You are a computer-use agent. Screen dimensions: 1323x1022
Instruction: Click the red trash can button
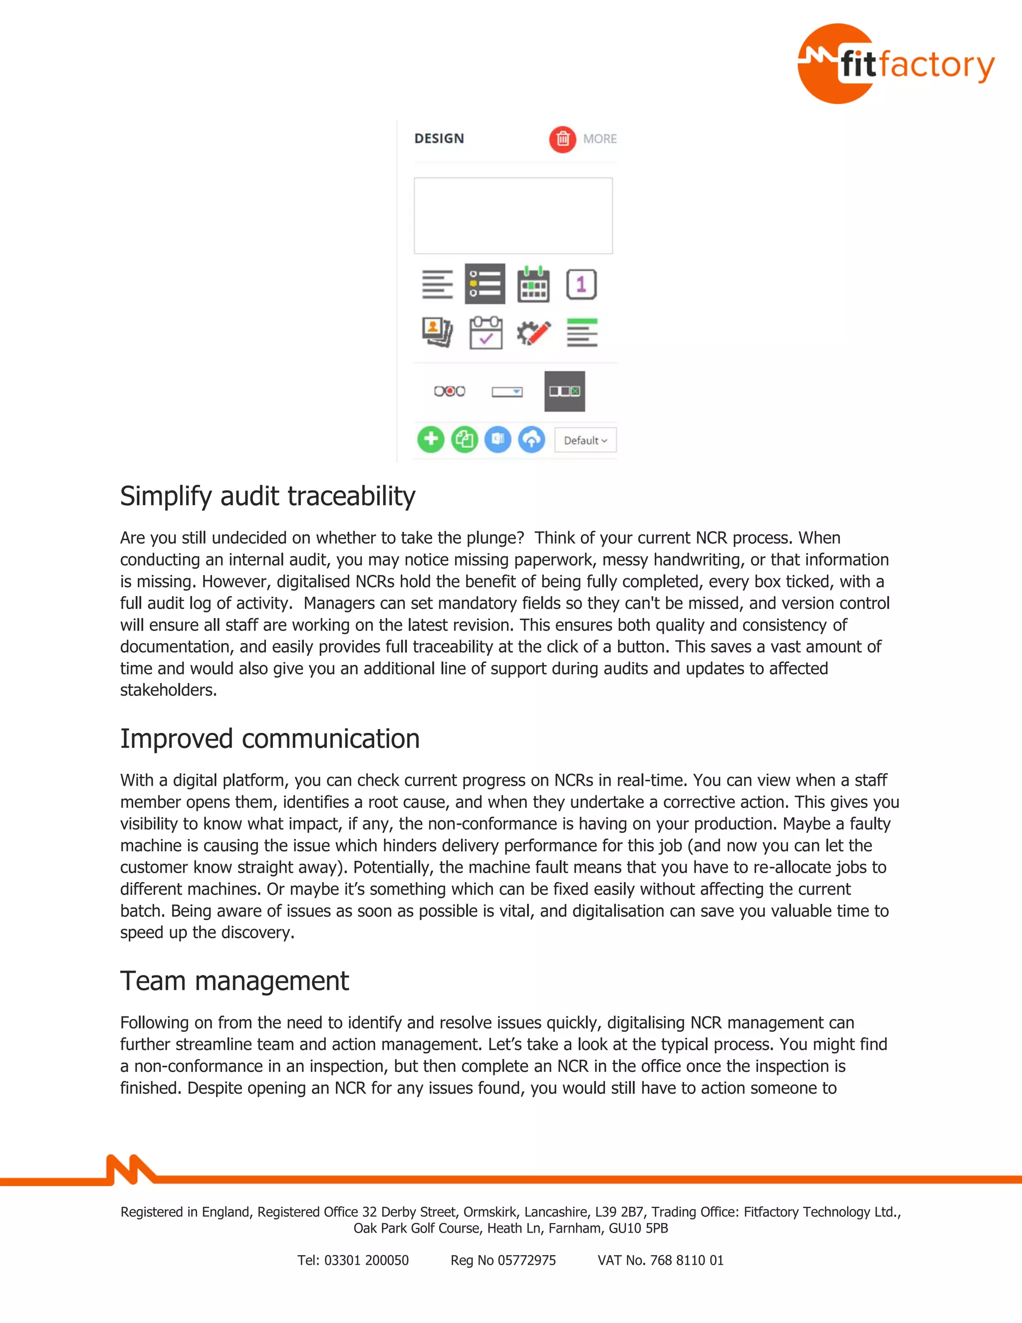click(x=562, y=139)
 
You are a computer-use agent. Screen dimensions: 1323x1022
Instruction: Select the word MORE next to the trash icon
click(x=599, y=139)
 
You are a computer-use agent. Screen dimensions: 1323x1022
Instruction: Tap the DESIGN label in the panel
click(x=439, y=139)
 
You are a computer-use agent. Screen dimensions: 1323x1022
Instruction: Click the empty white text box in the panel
click(x=513, y=215)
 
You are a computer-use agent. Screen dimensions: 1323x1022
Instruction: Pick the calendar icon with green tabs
click(x=533, y=284)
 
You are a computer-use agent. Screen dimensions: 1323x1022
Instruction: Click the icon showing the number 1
click(x=581, y=284)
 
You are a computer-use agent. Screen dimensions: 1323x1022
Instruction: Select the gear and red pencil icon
click(x=533, y=332)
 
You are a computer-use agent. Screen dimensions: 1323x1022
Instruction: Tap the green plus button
click(x=431, y=439)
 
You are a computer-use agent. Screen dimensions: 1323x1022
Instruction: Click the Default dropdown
click(x=585, y=440)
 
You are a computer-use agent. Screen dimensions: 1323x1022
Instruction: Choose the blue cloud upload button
click(x=531, y=439)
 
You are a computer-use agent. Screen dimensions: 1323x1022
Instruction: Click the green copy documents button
click(x=465, y=439)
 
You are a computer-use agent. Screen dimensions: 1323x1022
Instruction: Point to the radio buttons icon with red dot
click(x=449, y=391)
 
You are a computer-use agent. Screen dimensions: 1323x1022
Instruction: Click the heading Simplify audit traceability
click(x=267, y=496)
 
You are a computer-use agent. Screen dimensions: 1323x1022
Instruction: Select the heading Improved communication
click(x=269, y=738)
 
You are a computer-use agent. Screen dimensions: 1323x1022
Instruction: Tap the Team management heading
click(x=235, y=981)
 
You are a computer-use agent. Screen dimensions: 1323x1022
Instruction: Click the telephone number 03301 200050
click(x=366, y=1260)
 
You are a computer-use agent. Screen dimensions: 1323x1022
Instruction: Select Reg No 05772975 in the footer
click(x=503, y=1260)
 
